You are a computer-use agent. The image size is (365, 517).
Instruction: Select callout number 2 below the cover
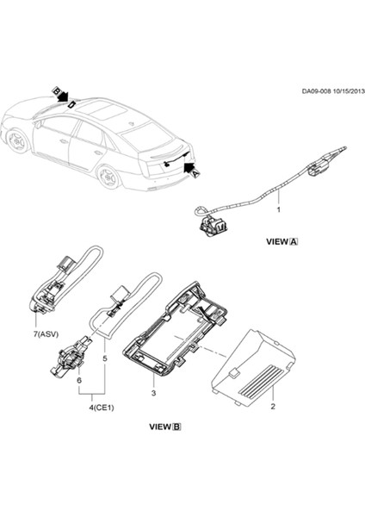click(272, 404)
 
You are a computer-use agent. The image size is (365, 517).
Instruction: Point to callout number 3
click(153, 393)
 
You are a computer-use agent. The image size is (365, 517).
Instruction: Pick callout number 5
click(106, 358)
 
